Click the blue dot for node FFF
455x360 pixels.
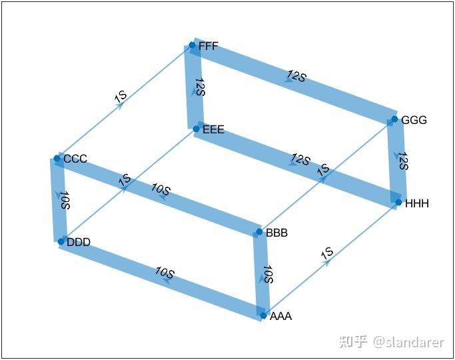[192, 45]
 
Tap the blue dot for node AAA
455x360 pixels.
[263, 315]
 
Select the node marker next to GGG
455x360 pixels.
[394, 119]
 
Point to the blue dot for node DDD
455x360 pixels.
[61, 241]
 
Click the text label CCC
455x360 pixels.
[75, 159]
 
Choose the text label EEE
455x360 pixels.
[213, 129]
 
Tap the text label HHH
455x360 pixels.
[417, 203]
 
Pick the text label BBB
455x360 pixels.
[276, 233]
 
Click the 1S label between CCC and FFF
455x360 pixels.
[121, 96]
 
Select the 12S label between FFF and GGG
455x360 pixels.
[296, 76]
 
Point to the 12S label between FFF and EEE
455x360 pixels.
[201, 87]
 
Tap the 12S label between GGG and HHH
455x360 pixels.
[403, 161]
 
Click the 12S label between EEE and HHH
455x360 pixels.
[300, 159]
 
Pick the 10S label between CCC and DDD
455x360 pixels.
[65, 200]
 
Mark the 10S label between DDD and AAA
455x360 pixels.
[165, 272]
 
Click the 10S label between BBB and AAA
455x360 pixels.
[268, 274]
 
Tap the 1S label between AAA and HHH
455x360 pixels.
[327, 253]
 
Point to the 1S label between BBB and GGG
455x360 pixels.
[323, 170]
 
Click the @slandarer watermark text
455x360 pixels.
[408, 342]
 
